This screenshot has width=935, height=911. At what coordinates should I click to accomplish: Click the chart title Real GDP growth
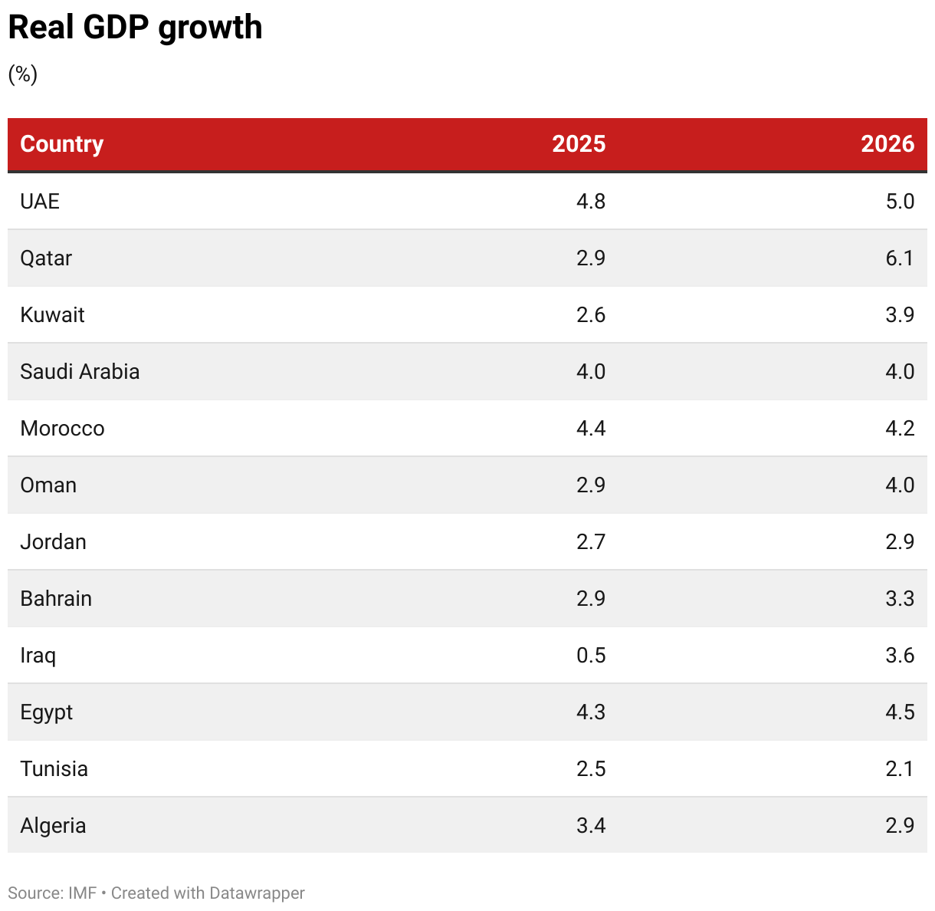pos(135,28)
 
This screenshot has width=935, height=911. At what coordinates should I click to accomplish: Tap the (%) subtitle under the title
pos(23,74)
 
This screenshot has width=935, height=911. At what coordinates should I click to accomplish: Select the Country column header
pos(61,144)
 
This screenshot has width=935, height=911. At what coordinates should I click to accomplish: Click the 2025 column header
pos(579,144)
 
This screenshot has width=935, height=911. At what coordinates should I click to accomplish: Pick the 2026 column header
pos(887,144)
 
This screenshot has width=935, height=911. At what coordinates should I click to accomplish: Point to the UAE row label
pos(40,202)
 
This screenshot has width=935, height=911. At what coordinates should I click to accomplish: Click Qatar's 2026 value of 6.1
pos(900,258)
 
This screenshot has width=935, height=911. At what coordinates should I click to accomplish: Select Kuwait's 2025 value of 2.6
pos(591,315)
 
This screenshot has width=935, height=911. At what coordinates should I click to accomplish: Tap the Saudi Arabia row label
pos(80,372)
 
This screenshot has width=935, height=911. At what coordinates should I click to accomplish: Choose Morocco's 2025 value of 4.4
pos(591,429)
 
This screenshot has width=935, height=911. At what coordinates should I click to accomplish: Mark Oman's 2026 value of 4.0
pos(900,485)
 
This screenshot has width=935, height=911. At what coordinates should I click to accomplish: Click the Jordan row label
pos(53,542)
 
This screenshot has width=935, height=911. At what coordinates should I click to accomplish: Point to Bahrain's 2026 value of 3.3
pos(900,599)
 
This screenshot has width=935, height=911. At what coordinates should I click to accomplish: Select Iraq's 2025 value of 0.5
pos(591,656)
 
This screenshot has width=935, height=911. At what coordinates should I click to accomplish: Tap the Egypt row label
pos(46,712)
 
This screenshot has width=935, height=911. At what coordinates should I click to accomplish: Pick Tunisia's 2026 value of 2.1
pos(900,769)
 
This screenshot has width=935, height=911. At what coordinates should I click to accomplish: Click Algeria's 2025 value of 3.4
pos(591,826)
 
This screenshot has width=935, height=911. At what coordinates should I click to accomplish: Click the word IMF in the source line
pos(83,893)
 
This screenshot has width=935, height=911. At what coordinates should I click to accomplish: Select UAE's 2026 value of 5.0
pos(900,202)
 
